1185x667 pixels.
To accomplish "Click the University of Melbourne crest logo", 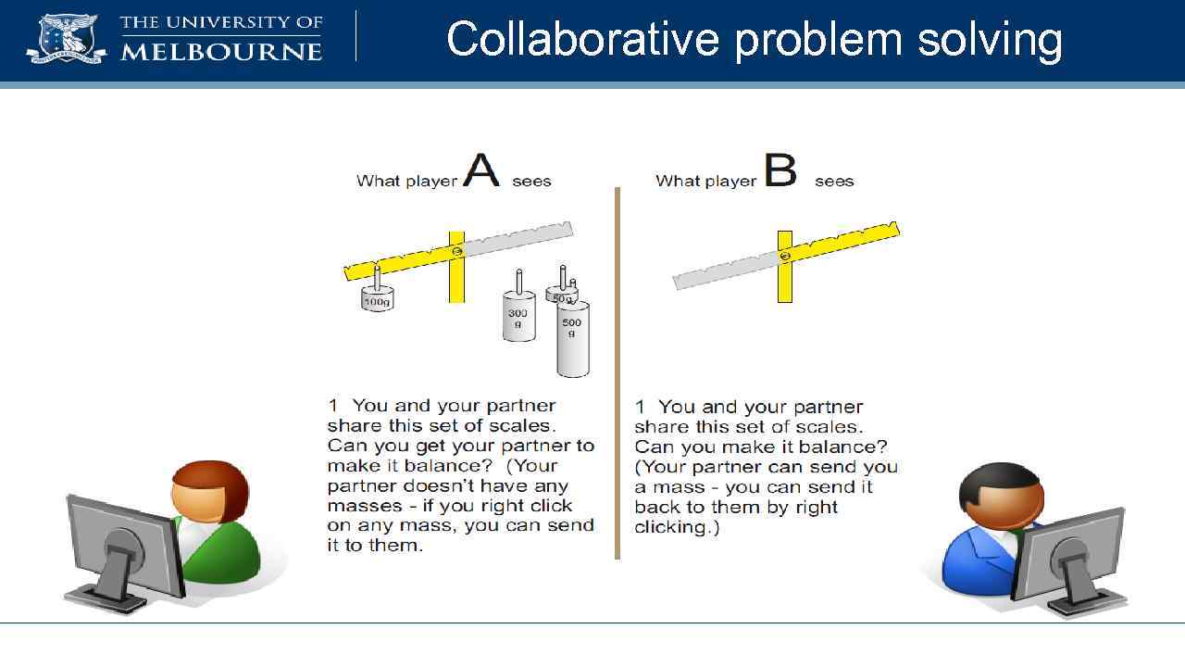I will pos(66,38).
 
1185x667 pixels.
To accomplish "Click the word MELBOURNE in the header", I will pos(221,50).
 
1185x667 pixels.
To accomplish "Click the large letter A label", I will pos(481,170).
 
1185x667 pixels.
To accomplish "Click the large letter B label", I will pos(780,170).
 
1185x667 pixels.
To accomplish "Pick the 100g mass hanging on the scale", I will pos(377,298).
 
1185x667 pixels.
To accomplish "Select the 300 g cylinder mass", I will pos(518,318).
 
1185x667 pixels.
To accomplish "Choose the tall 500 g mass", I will pos(572,338).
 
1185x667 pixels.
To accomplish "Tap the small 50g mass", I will pos(562,295).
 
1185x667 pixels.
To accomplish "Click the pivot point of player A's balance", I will pos(456,251).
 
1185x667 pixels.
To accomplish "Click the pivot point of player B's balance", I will pos(785,256).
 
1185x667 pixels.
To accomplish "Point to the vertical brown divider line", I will pos(617,371).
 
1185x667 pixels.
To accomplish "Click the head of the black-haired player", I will pos(1000,495).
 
